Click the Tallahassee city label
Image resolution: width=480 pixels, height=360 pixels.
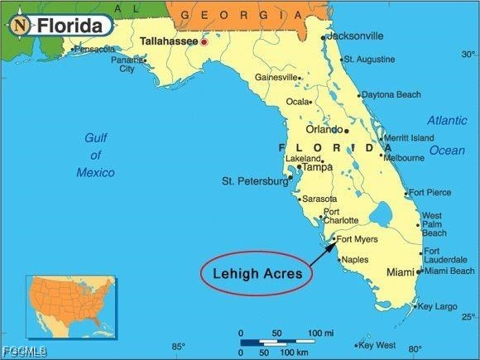tap(169, 40)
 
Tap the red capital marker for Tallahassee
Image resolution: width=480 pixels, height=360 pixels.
tap(204, 41)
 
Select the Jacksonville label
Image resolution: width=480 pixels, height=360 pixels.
tap(355, 36)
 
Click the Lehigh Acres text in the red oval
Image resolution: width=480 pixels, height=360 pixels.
tap(256, 272)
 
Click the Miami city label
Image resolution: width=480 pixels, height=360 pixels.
tap(401, 272)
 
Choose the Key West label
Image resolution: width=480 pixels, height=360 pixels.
tap(379, 345)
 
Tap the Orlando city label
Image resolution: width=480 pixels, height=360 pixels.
tap(324, 129)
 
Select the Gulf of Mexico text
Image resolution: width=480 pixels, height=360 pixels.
tap(96, 155)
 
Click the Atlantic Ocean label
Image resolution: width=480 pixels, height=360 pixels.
tap(447, 135)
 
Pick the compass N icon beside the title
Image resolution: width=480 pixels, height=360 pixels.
tap(20, 26)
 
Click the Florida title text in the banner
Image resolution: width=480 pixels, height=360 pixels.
tap(74, 26)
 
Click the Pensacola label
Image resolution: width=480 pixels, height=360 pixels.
tap(94, 50)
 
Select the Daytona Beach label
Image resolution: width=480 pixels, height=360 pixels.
tap(391, 94)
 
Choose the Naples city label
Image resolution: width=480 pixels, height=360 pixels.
tap(355, 260)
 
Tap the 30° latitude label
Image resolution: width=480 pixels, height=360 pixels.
tap(468, 55)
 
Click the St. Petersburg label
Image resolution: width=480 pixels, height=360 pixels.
tap(254, 180)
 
